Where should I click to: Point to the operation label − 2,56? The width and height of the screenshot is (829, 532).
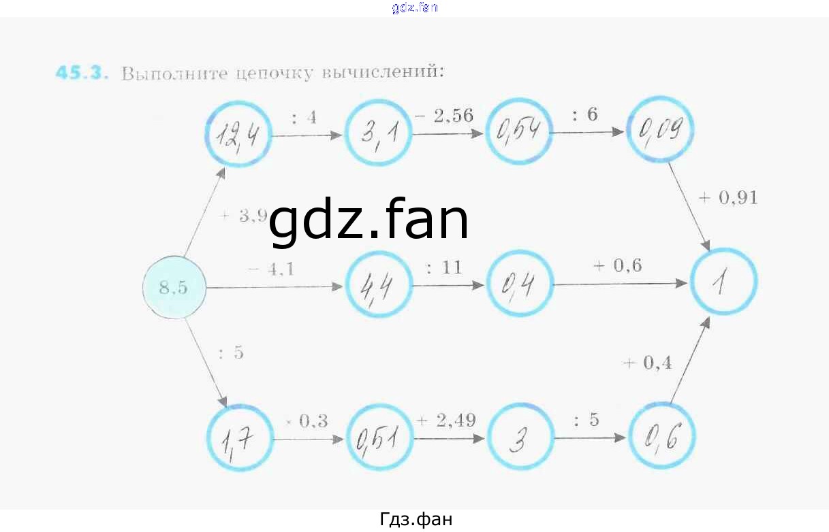[443, 116]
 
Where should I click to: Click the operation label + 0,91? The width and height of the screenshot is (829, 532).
[728, 198]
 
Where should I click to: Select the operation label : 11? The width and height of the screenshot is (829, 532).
[444, 267]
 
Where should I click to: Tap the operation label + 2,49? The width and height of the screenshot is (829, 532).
[446, 420]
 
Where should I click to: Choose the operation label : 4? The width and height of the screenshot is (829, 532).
[304, 117]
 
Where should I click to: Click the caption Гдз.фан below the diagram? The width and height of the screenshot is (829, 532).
[415, 519]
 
